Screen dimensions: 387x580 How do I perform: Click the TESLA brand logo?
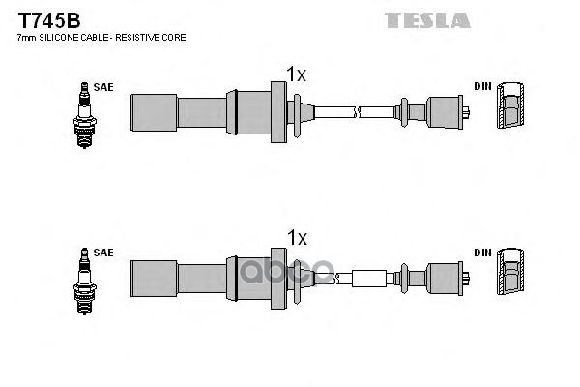click(x=428, y=19)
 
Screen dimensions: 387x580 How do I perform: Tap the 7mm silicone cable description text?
click(x=101, y=37)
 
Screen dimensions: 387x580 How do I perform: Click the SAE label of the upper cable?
click(x=103, y=87)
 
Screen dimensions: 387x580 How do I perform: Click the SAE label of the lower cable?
click(x=103, y=253)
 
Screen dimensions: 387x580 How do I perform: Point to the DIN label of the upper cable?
click(x=482, y=87)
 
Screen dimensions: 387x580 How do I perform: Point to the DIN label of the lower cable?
click(x=482, y=253)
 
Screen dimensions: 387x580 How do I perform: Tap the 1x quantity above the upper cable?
click(x=296, y=74)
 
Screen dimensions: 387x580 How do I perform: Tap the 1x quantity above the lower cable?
click(x=296, y=238)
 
